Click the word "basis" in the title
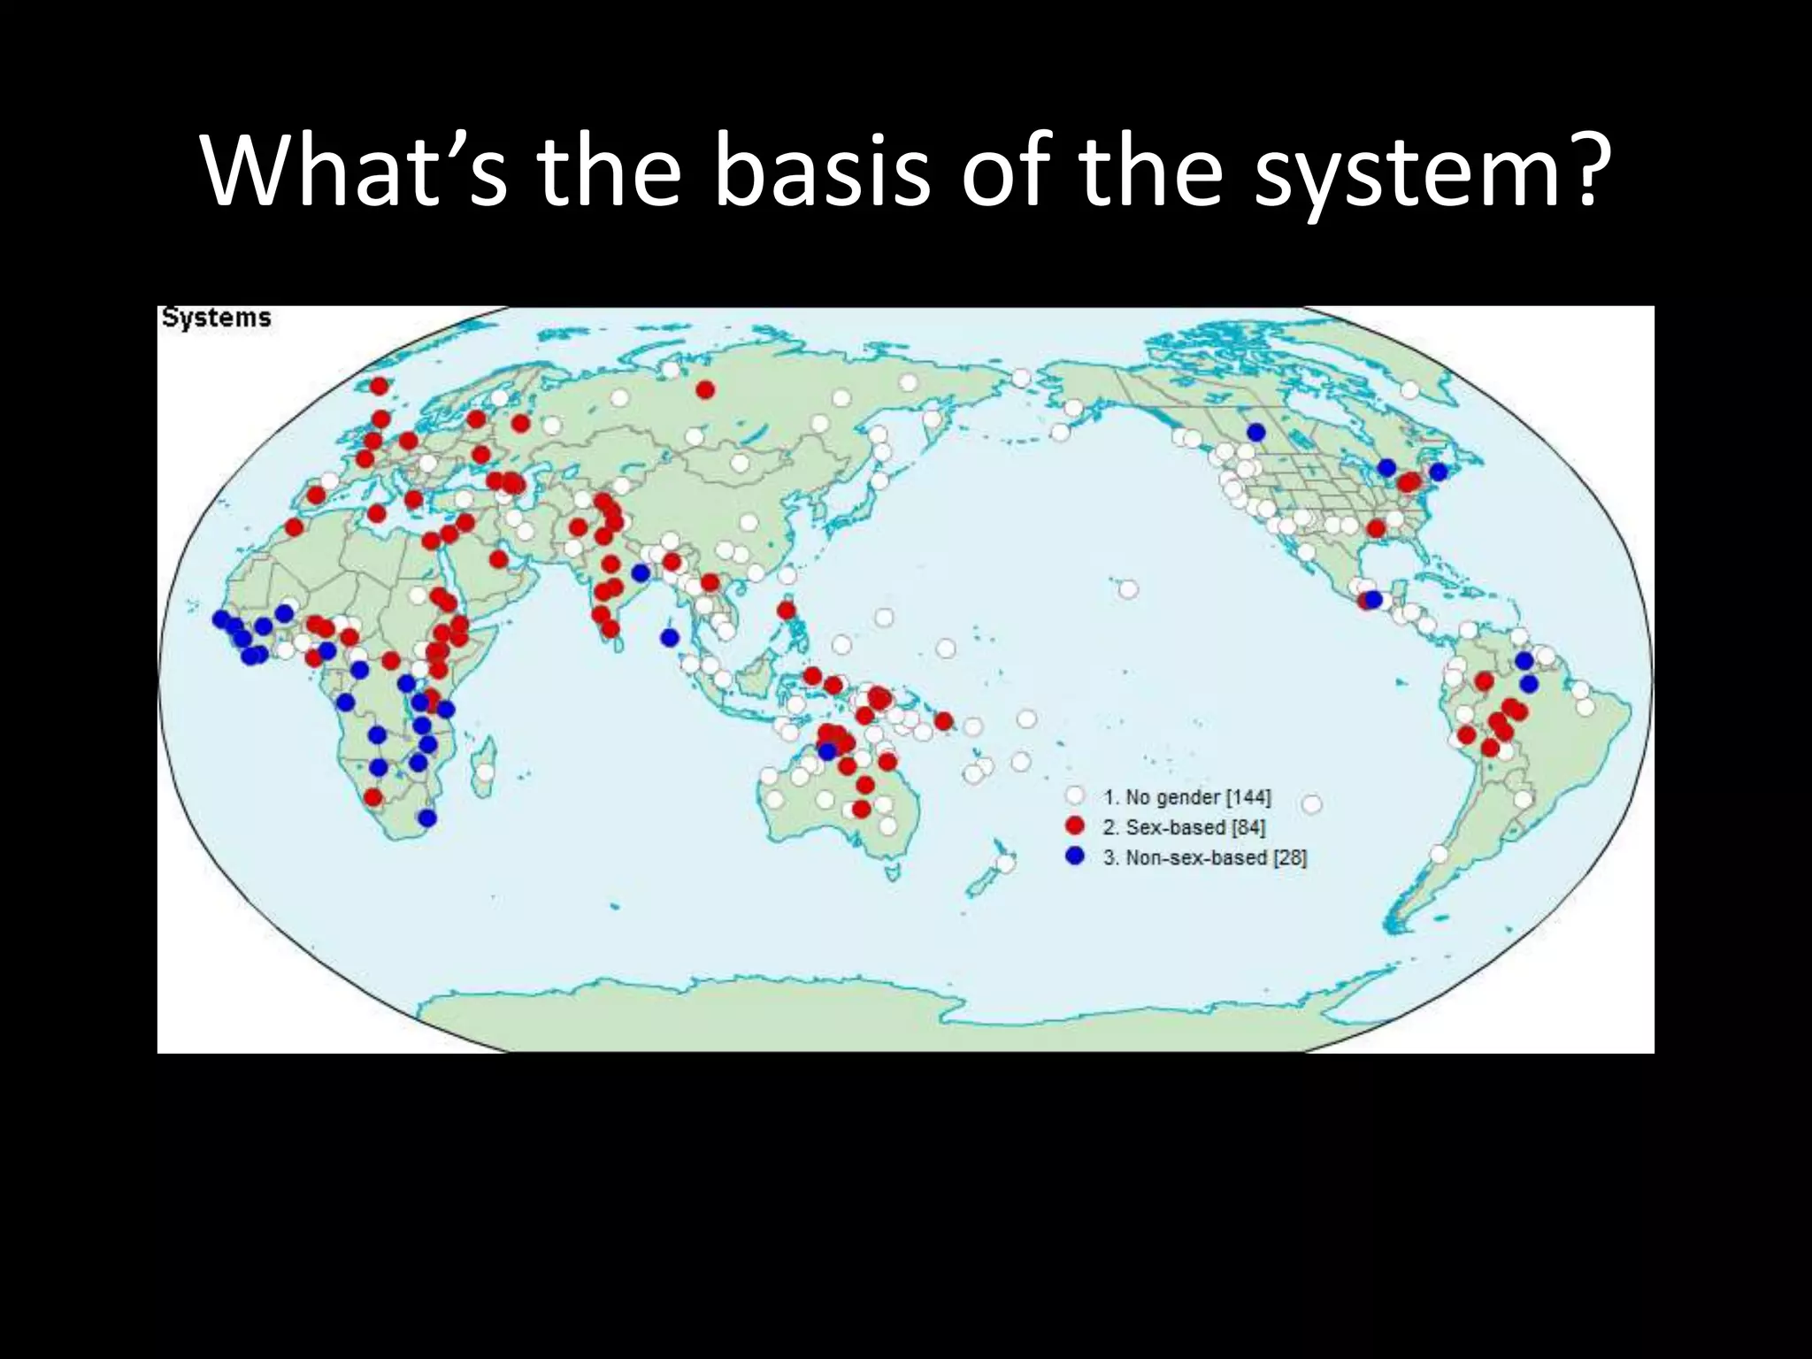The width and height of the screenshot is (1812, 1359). (x=822, y=173)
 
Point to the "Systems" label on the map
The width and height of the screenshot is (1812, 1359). (x=217, y=318)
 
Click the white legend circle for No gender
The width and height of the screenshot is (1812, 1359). (x=1075, y=797)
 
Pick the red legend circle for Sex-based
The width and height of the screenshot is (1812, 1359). (x=1075, y=826)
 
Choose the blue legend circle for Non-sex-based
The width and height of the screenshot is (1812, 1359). (x=1075, y=856)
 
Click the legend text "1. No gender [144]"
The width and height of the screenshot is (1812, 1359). (x=1186, y=797)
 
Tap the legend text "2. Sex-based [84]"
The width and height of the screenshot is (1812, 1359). (x=1184, y=827)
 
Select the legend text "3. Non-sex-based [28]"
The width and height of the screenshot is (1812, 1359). (x=1204, y=857)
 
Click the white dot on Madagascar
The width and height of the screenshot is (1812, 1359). (x=484, y=772)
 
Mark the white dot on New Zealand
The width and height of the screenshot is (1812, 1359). (x=1004, y=863)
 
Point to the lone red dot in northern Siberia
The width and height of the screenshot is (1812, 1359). (x=705, y=389)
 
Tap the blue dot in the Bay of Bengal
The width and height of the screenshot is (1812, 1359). (x=670, y=637)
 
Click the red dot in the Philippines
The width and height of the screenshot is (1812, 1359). (x=785, y=610)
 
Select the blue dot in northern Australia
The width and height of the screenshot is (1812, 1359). (x=827, y=751)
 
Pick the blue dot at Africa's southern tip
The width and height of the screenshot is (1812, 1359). (x=427, y=818)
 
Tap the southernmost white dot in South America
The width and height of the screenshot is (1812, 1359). (x=1439, y=854)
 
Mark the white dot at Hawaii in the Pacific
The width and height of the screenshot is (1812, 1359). (x=1127, y=589)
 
